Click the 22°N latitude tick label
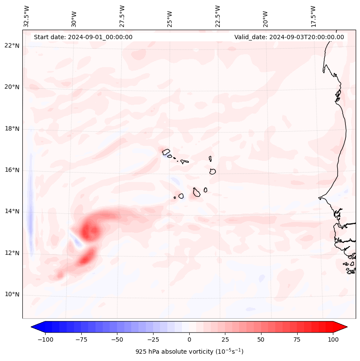point(12,46)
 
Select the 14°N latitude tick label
point(12,211)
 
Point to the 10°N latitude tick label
point(12,295)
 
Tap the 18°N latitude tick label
point(12,129)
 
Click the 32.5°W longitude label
point(27,16)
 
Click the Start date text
point(83,37)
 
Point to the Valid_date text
point(289,37)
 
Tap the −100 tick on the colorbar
point(45,339)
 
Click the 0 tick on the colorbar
point(189,339)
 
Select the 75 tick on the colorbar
point(297,339)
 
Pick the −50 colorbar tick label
point(117,339)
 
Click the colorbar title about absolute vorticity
point(189,352)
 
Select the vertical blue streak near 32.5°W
point(30,215)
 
